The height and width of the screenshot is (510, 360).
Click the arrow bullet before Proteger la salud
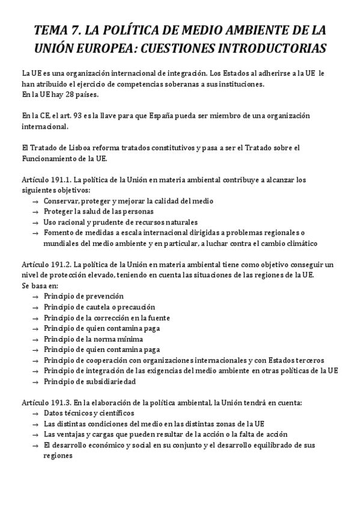click(36, 212)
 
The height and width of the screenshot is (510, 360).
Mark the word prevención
click(105, 296)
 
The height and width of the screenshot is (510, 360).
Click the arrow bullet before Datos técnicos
click(36, 413)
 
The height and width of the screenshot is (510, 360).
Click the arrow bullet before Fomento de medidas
click(36, 233)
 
